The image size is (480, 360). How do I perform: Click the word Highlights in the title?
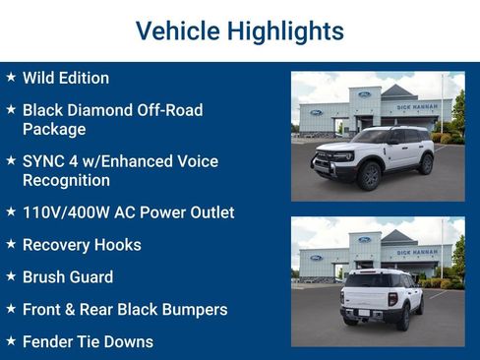[x=285, y=31]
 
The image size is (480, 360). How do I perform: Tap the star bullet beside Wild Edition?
[x=11, y=77]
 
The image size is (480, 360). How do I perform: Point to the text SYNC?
[x=45, y=161]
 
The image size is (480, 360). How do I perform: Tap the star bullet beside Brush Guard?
[x=11, y=276]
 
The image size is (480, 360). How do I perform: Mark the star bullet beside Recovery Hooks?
[x=11, y=244]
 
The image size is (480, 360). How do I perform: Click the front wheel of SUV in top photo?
[x=370, y=175]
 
